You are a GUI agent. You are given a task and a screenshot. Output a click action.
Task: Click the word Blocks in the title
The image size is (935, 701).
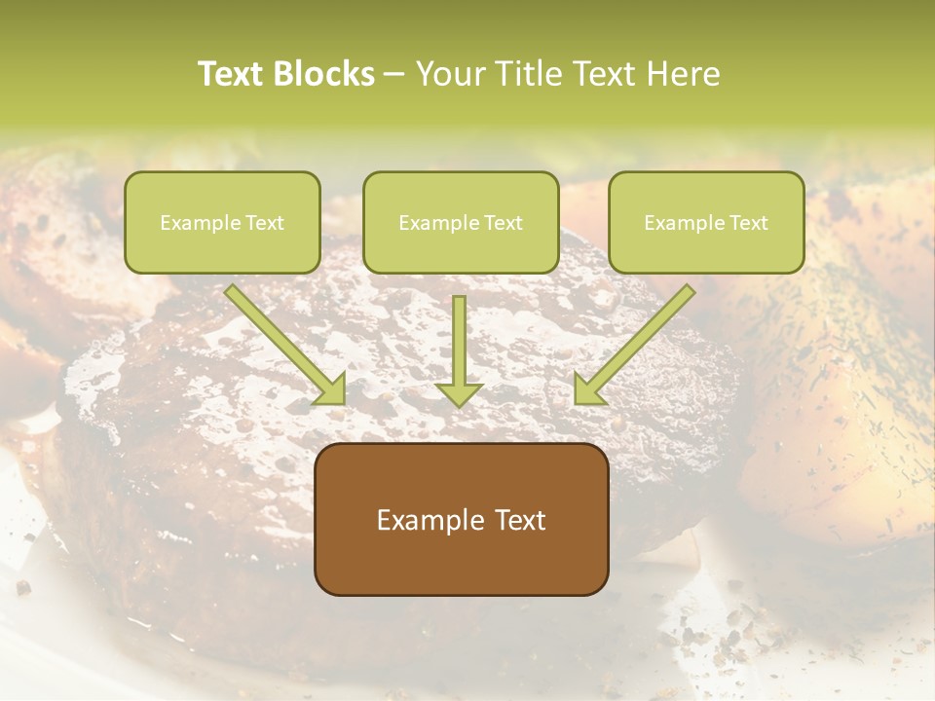pos(326,74)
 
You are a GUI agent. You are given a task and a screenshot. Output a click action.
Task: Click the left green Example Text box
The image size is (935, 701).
pos(222,222)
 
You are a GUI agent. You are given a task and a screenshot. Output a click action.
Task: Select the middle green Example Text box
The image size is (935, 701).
pos(461,222)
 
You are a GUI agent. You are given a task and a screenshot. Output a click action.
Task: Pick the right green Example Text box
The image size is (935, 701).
pos(706,222)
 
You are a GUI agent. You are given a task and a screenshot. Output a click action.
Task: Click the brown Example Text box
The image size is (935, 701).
pos(461,519)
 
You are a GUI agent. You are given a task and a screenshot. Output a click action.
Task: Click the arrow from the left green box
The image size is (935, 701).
pos(282,341)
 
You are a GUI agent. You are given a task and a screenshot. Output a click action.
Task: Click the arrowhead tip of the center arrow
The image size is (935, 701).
pos(460,403)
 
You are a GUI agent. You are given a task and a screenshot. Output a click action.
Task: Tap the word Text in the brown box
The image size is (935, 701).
pos(519,520)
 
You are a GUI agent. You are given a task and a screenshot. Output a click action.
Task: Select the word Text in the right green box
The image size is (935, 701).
pos(748,223)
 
